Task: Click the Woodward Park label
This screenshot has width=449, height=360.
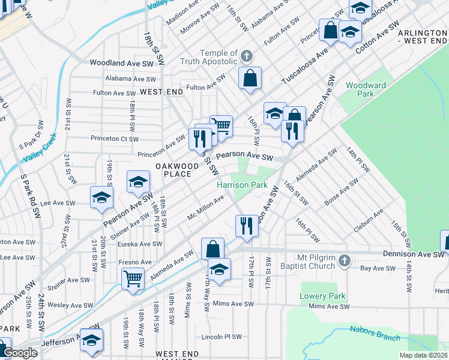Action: click(x=366, y=89)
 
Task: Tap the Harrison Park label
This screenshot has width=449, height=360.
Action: click(x=242, y=185)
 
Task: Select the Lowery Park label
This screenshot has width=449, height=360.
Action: click(x=322, y=296)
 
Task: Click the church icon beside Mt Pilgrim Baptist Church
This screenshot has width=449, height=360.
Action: click(x=344, y=261)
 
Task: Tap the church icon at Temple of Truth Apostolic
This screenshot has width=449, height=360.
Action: click(x=246, y=58)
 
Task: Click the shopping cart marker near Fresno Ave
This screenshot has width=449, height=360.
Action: click(x=132, y=277)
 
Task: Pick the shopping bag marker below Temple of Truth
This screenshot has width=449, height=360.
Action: click(x=250, y=78)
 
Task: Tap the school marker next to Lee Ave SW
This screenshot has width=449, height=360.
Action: click(x=101, y=197)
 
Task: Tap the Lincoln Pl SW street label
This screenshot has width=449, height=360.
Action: click(x=224, y=336)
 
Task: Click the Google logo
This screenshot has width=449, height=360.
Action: click(x=20, y=353)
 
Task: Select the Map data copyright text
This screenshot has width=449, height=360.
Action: click(x=424, y=355)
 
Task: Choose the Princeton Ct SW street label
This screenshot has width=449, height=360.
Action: click(x=114, y=139)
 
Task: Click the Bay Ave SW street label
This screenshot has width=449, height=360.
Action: click(x=376, y=268)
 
